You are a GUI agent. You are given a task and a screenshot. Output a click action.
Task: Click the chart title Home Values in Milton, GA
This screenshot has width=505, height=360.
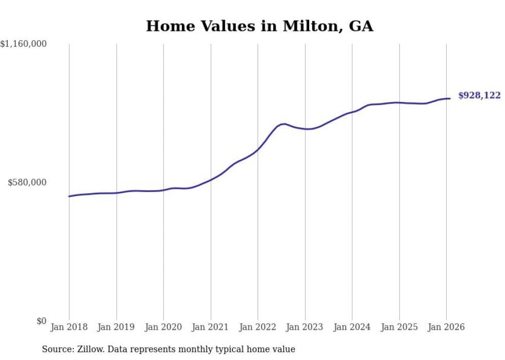coord(259,26)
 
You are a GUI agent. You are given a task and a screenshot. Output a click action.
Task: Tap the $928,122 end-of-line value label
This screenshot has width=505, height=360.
coord(479,95)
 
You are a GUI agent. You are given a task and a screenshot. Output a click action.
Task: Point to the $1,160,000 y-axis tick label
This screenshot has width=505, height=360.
coord(24,44)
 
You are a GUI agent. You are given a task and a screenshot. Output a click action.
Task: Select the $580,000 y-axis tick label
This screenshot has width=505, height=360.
coord(27,182)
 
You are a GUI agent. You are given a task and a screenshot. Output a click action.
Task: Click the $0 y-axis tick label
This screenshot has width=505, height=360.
coord(41,321)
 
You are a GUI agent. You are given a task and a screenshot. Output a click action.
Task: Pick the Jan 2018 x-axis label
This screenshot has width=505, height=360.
coord(69,328)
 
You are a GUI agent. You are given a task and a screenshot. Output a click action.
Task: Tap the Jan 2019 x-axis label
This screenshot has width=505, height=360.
coord(116,328)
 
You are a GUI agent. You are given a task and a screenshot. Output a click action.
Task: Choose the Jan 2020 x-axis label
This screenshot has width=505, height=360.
coord(163,328)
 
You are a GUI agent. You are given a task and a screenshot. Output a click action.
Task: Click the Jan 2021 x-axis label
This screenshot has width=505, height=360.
coord(211,328)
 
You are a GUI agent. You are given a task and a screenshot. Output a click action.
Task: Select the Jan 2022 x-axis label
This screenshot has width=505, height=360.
coord(258,328)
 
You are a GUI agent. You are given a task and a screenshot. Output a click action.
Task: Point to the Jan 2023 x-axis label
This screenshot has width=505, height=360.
coord(305,328)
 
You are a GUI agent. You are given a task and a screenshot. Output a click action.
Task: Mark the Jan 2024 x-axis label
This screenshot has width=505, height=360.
coord(352,328)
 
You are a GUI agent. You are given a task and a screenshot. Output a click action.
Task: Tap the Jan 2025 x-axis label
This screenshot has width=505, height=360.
coord(399,328)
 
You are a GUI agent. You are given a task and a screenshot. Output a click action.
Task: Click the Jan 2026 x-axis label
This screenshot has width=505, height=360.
coord(446,328)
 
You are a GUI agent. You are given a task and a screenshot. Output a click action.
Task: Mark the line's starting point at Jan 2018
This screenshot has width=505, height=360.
coord(69,196)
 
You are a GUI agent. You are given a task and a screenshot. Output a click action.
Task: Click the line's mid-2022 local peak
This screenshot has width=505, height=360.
coord(284,124)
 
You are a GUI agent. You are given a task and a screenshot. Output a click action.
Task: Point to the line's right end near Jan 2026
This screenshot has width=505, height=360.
coord(450,98)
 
